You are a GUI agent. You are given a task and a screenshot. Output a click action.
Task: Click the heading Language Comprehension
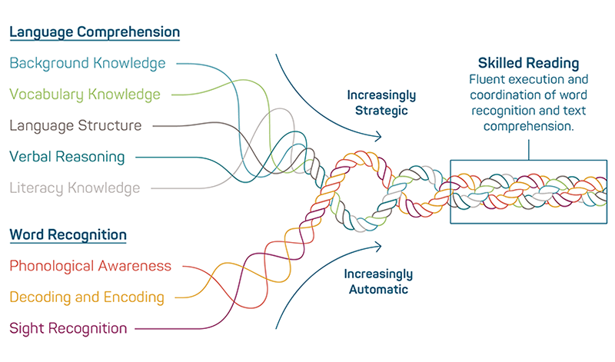(95, 32)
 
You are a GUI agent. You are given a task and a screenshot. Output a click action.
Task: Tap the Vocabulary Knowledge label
(85, 95)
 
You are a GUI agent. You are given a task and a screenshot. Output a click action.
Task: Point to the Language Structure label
(75, 125)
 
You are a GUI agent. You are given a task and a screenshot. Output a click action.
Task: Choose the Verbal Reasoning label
(67, 157)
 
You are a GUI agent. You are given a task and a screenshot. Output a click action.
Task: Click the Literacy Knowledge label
(75, 188)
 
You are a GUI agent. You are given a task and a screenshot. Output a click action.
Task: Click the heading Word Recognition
(68, 234)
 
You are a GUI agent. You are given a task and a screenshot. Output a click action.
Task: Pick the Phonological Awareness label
(91, 266)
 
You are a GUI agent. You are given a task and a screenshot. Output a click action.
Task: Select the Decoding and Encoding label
(87, 297)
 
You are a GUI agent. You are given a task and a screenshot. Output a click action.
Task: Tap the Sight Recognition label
(68, 328)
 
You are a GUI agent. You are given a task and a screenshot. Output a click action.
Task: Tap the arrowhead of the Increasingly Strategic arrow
(378, 138)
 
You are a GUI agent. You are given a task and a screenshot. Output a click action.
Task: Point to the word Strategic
(381, 111)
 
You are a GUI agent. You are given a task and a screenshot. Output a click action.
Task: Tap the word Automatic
(378, 290)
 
